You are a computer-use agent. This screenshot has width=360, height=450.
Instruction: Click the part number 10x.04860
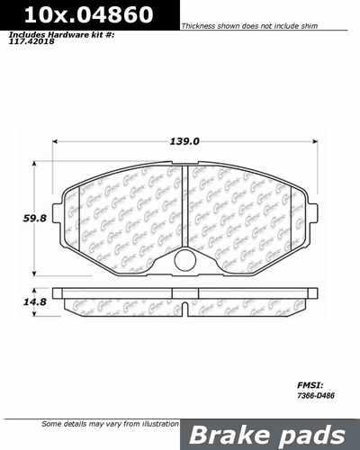(77, 15)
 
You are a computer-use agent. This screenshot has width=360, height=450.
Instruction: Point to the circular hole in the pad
(184, 260)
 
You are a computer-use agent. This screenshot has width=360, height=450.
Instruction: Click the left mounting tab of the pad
(60, 213)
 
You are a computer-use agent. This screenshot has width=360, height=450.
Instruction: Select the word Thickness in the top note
(200, 28)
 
